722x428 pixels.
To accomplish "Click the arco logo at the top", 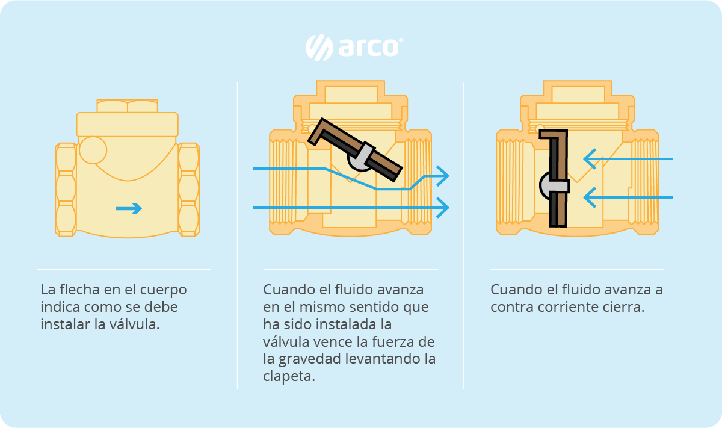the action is (354, 48).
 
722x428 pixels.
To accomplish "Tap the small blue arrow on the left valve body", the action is (129, 208).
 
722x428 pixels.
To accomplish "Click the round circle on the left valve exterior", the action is (93, 150).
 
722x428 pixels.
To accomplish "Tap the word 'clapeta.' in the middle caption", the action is (289, 376).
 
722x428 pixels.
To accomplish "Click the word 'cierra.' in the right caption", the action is (625, 307).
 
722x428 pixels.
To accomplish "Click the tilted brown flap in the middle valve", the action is (355, 150).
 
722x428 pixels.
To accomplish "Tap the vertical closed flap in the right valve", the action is (554, 178).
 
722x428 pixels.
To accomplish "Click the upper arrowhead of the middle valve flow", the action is (443, 176).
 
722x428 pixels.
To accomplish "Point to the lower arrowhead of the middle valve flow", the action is (443, 208).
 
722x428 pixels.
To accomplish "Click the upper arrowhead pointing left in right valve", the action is (590, 159).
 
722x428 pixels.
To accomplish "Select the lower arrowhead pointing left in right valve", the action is (590, 197).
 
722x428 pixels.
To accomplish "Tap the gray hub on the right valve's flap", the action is (554, 186).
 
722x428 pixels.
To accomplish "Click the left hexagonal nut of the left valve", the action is (66, 190).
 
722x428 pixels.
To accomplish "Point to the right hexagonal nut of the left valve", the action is (188, 190).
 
